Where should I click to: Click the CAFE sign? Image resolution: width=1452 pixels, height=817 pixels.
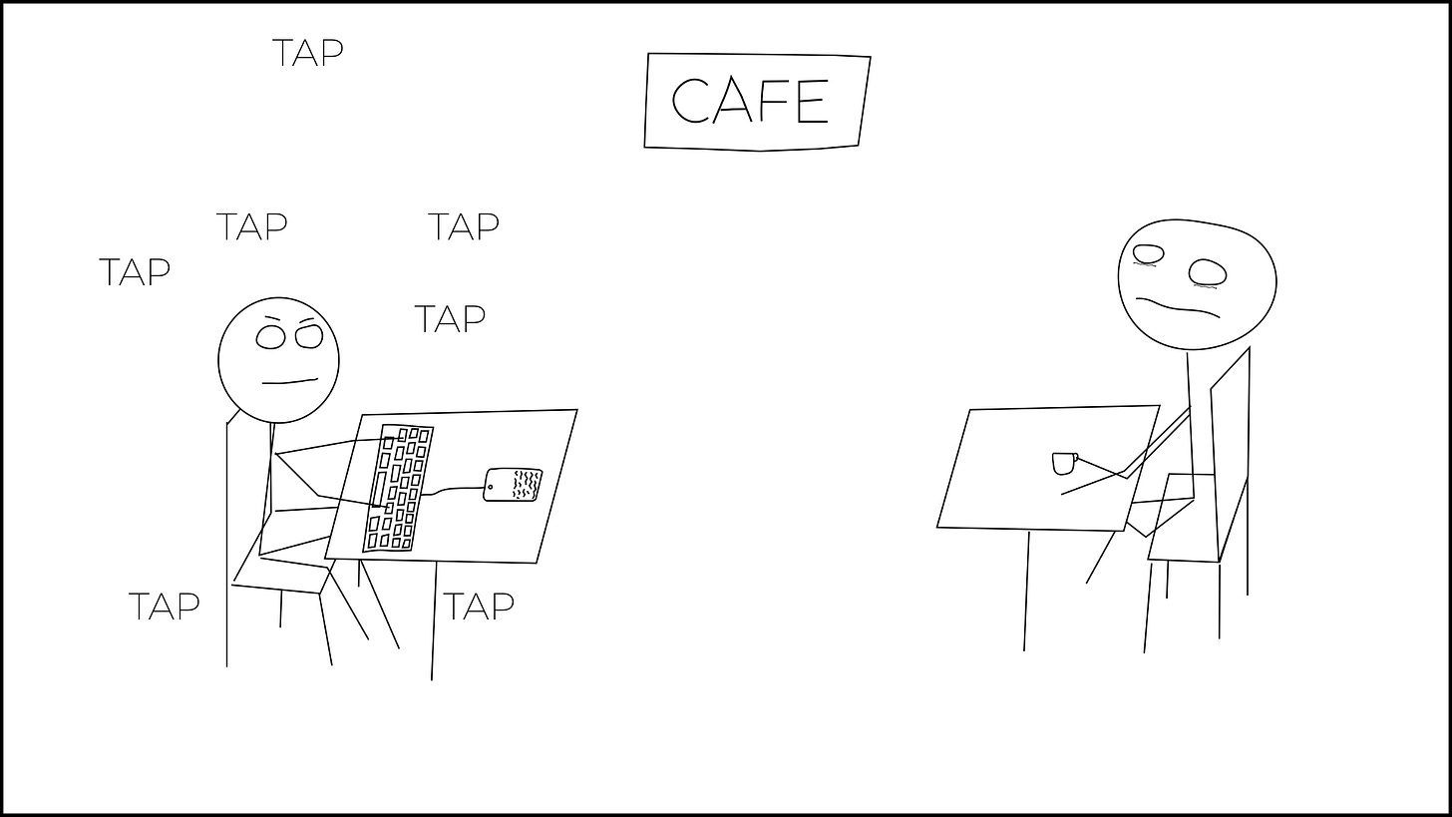click(757, 102)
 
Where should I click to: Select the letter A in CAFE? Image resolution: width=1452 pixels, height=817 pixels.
click(732, 100)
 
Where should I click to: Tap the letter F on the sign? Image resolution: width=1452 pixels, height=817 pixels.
click(772, 100)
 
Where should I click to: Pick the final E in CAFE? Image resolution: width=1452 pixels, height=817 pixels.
click(813, 101)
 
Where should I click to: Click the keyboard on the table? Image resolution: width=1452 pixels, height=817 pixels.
click(398, 488)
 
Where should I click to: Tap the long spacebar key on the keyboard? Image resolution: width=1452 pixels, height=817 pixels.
click(379, 489)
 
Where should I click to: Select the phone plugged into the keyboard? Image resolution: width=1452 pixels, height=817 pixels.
click(513, 485)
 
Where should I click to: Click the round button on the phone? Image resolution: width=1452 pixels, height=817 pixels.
click(490, 487)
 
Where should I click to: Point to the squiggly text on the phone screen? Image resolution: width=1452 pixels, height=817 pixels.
click(527, 485)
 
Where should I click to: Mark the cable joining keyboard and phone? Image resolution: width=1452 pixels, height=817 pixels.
click(453, 490)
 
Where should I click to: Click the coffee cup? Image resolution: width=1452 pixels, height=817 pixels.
click(1064, 463)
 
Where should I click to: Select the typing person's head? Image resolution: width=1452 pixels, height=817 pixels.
click(279, 360)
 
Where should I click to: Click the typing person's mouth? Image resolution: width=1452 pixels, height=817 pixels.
click(290, 381)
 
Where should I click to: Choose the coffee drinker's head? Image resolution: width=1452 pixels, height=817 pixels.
click(1197, 284)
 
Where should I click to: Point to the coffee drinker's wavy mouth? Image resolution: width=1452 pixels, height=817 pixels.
click(1178, 306)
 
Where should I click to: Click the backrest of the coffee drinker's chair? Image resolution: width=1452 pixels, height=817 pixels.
click(1231, 454)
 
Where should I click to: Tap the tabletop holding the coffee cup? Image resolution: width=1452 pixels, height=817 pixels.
click(1048, 468)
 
